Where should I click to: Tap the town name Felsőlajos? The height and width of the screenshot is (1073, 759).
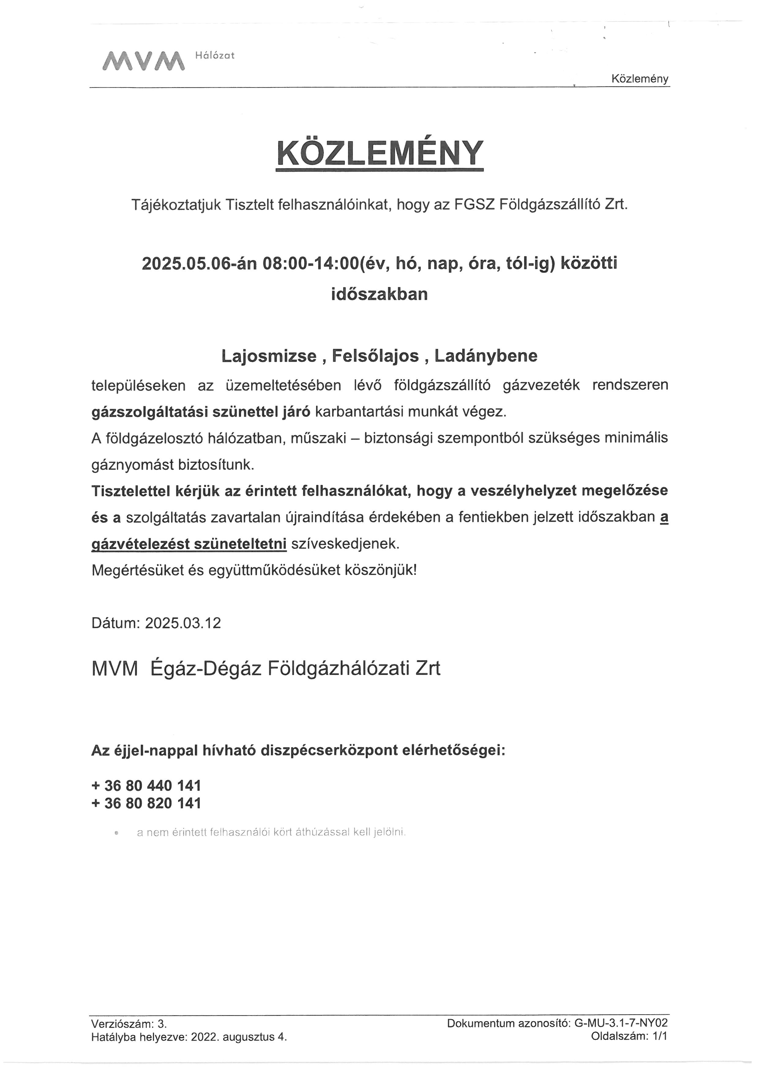pyautogui.click(x=375, y=356)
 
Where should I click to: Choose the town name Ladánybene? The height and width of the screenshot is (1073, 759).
pyautogui.click(x=486, y=356)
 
